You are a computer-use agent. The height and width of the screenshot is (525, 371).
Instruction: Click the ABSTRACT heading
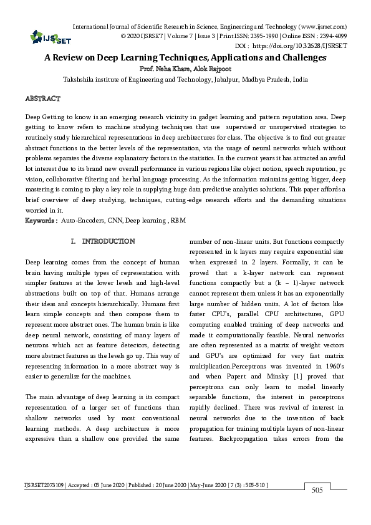[42, 99]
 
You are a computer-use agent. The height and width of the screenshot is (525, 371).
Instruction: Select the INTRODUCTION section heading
[108, 241]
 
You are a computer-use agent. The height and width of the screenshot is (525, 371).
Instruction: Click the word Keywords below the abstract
[41, 221]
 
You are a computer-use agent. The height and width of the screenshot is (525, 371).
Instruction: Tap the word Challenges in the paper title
[301, 57]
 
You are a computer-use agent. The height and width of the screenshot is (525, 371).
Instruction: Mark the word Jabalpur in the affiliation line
[227, 79]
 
